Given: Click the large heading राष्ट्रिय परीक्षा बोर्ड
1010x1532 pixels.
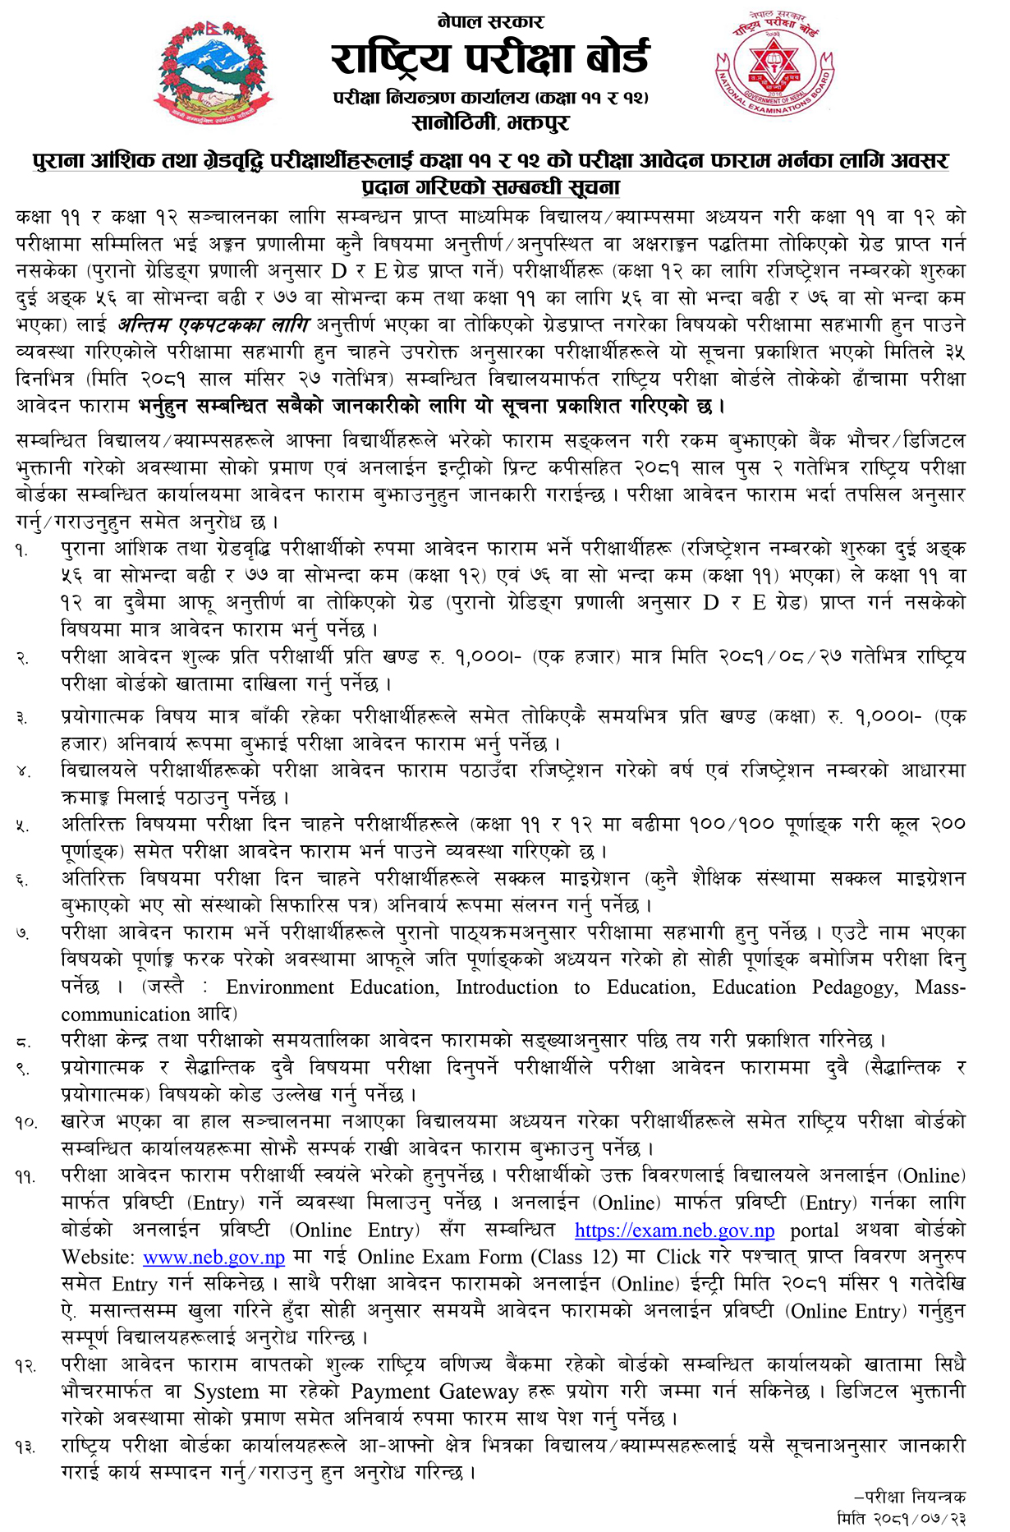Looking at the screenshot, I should (x=490, y=58).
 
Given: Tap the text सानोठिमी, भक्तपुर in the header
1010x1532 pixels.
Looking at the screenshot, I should (x=490, y=123).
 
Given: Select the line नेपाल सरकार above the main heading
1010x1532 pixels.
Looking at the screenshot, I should (x=491, y=21).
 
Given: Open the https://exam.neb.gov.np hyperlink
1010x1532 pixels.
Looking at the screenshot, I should (x=674, y=1231).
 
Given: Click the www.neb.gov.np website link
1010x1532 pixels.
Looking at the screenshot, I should (x=213, y=1258).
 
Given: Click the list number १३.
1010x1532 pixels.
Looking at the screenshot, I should (x=25, y=1448).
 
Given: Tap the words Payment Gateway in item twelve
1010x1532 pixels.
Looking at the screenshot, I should (x=435, y=1392).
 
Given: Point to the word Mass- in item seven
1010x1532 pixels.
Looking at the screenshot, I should (x=940, y=987).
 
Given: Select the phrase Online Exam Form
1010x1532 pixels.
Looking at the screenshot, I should (x=440, y=1258).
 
